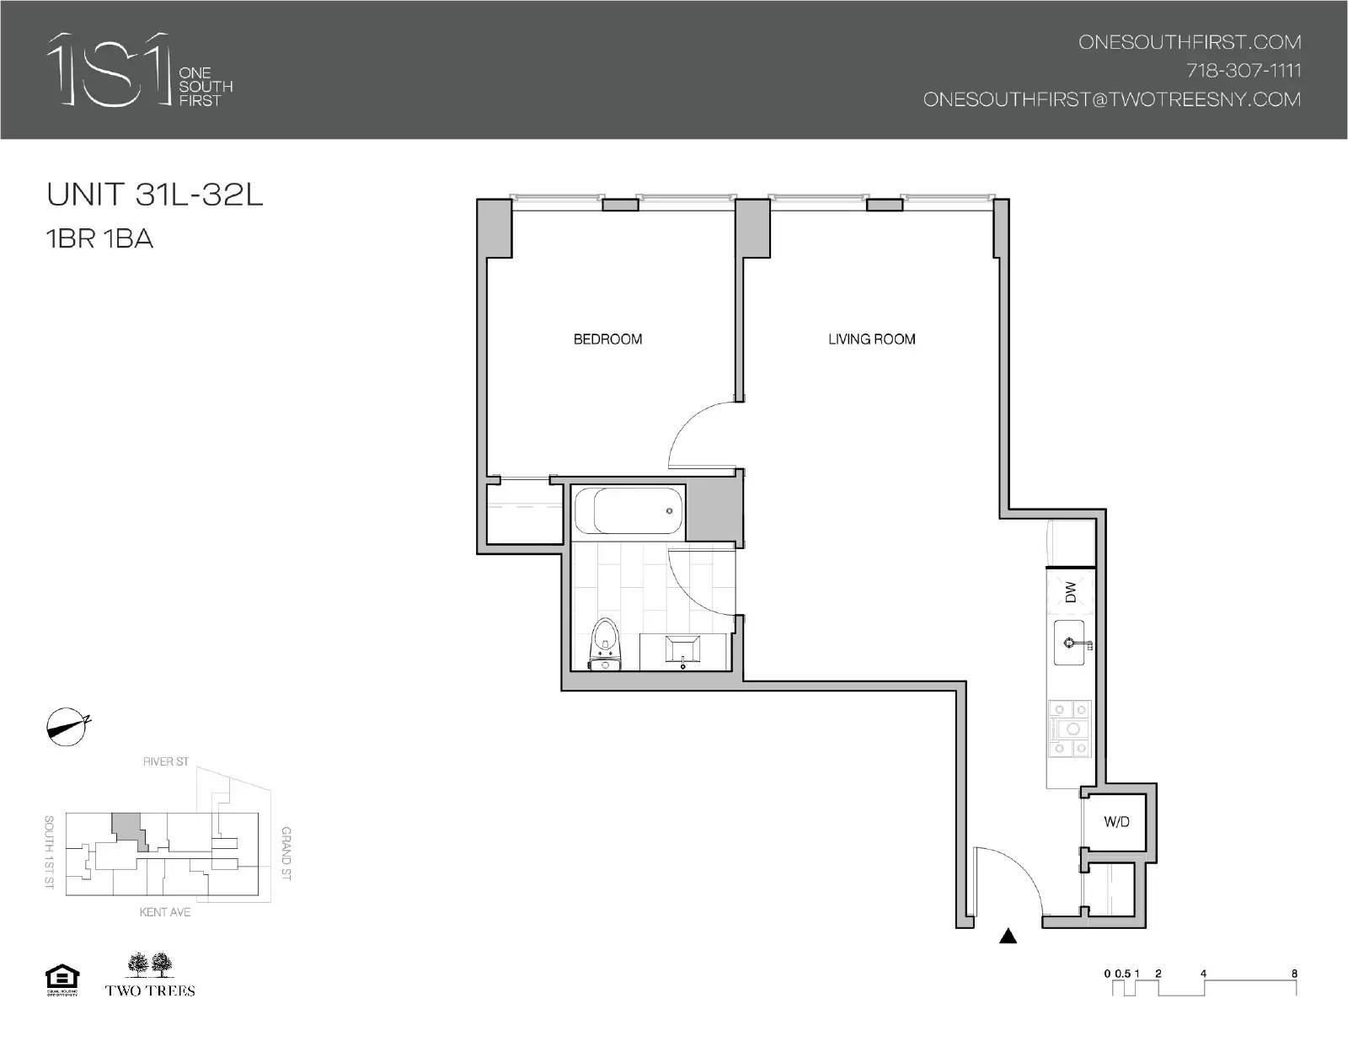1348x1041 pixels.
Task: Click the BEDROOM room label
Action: click(x=607, y=339)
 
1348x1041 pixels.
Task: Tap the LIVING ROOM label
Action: click(x=871, y=339)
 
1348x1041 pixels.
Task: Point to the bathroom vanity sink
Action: click(x=682, y=650)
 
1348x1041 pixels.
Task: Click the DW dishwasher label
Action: click(x=1071, y=592)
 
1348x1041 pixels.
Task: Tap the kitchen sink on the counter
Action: click(x=1073, y=643)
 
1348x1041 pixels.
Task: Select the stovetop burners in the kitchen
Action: click(x=1069, y=729)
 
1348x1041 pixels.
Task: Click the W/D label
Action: click(x=1116, y=822)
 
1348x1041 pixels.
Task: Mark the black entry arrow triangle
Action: click(x=1008, y=937)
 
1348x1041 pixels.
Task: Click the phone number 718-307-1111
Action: click(x=1244, y=71)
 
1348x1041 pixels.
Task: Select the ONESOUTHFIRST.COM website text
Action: click(x=1190, y=42)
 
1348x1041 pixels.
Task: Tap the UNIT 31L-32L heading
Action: click(x=155, y=195)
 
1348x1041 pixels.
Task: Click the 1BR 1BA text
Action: click(x=100, y=239)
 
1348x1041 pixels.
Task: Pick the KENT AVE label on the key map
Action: click(x=165, y=912)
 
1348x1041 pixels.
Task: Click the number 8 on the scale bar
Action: click(x=1294, y=974)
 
